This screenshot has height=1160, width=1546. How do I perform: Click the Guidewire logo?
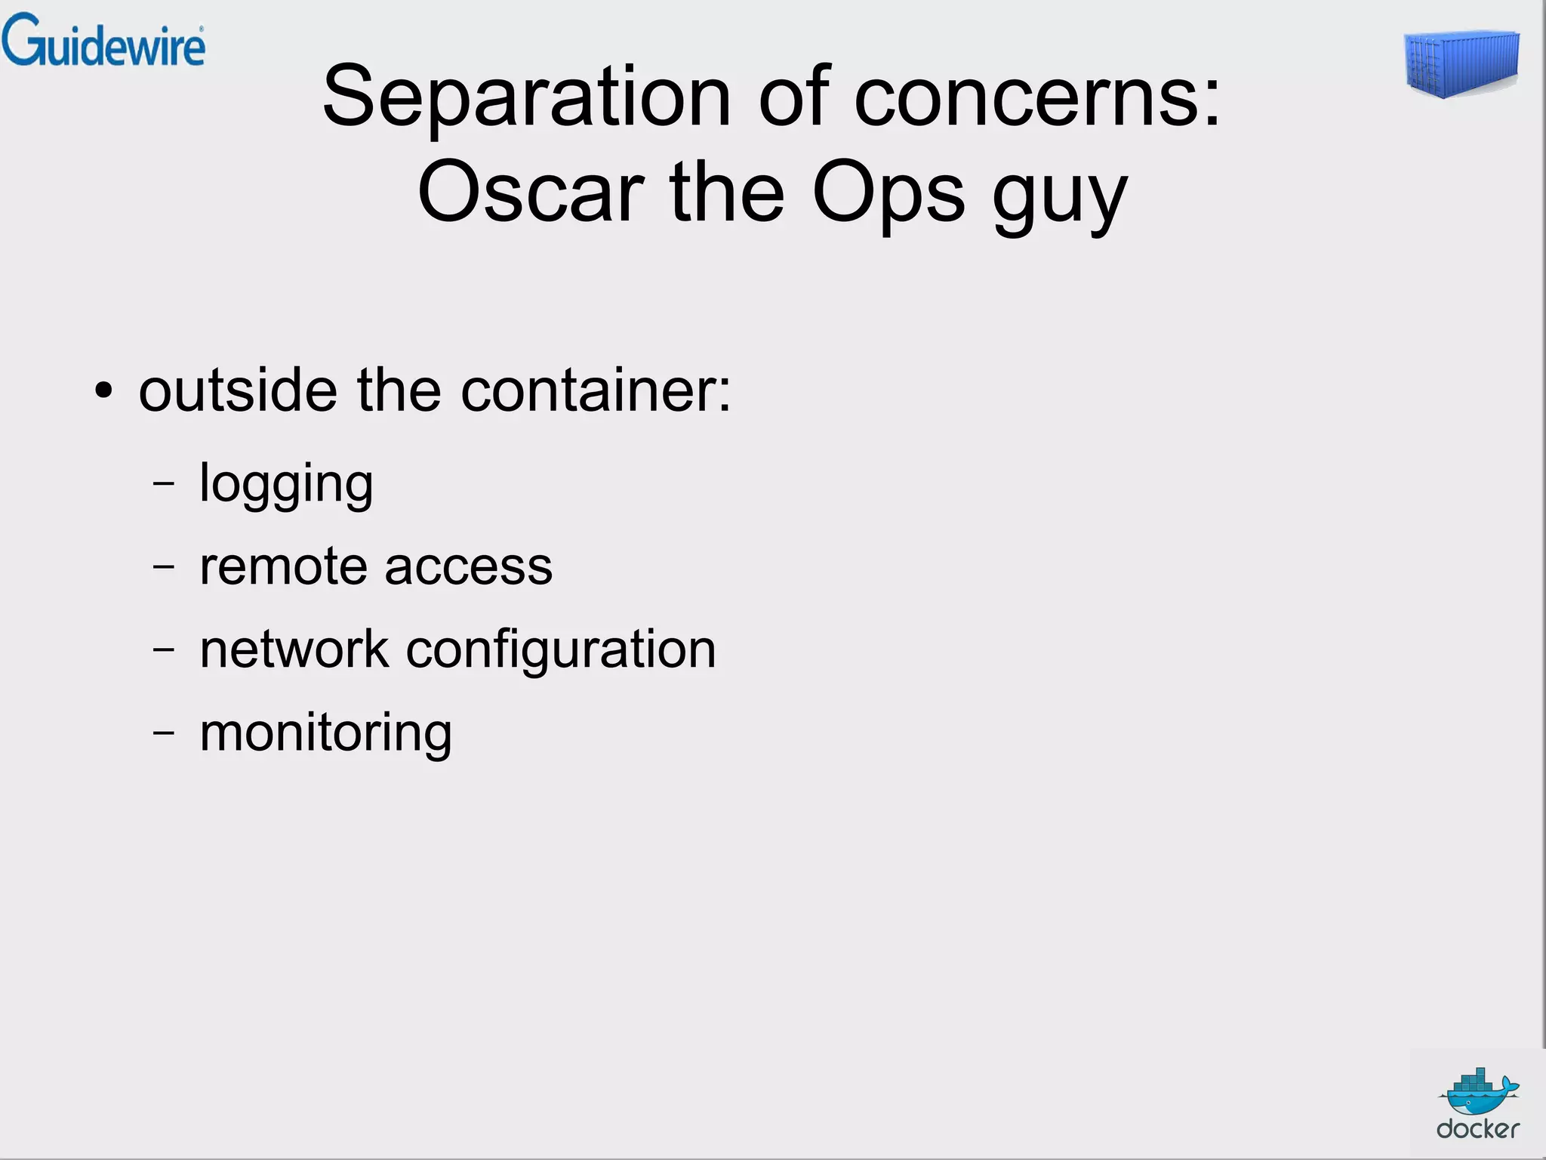coord(103,41)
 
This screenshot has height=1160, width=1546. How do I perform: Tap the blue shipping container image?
coord(1461,64)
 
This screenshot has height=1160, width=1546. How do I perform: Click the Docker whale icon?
coord(1478,1091)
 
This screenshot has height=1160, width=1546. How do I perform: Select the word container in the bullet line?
coord(596,390)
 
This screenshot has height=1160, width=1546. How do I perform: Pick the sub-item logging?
coord(286,485)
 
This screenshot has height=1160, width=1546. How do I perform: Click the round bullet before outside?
coord(103,392)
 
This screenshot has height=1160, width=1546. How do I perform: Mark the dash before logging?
coord(163,483)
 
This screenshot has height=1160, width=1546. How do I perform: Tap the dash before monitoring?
coord(163,733)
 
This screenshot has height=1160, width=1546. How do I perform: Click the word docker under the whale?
coord(1477,1129)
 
